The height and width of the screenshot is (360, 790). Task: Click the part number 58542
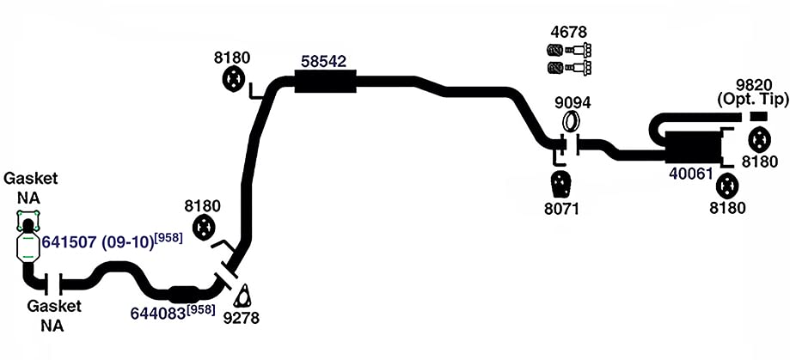(324, 62)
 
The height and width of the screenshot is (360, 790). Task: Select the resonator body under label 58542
(325, 81)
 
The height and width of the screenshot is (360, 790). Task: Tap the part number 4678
(569, 33)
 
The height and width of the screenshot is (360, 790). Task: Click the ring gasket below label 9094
(571, 121)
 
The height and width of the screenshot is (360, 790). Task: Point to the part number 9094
(573, 103)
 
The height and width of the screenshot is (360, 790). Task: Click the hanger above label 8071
(560, 185)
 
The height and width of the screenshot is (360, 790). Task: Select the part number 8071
(561, 209)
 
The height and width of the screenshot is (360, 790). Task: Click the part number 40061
(691, 174)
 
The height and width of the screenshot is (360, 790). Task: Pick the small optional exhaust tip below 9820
(758, 116)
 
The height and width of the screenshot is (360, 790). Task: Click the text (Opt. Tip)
(753, 100)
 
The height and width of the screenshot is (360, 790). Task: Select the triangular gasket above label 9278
(243, 296)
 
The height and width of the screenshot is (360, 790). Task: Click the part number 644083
(158, 313)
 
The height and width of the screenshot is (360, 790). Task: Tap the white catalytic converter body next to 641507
(28, 247)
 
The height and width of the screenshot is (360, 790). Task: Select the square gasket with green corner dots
(28, 221)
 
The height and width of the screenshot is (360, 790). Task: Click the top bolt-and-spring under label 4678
(569, 51)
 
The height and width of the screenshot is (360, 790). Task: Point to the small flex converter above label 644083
(183, 294)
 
